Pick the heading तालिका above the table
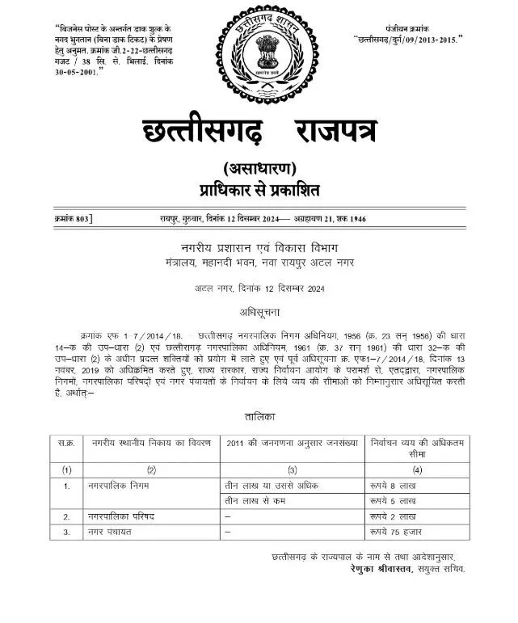pos(259,415)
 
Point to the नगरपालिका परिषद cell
pos(120,516)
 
